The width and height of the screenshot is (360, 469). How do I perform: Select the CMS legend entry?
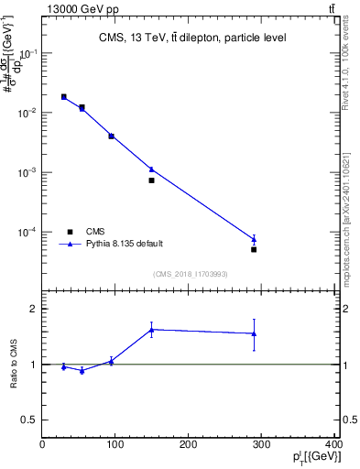pos(95,232)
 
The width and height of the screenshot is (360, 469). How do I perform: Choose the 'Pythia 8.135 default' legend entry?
pos(125,244)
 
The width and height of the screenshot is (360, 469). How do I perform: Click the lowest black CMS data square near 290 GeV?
pos(254,249)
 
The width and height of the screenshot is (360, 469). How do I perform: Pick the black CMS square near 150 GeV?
pos(152,180)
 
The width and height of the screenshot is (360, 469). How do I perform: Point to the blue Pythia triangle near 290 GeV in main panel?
pos(254,239)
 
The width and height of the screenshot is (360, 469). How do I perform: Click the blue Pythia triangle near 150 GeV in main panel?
pos(152,169)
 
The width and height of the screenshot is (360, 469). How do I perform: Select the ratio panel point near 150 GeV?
pos(152,330)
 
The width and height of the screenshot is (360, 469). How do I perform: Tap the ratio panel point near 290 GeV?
pos(254,333)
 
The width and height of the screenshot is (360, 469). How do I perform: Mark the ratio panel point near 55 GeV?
pos(82,370)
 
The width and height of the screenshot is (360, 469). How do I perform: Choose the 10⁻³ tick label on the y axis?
pos(27,172)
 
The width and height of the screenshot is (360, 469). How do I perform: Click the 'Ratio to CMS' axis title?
pos(13,365)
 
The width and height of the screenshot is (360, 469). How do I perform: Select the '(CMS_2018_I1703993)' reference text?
pos(190,273)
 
